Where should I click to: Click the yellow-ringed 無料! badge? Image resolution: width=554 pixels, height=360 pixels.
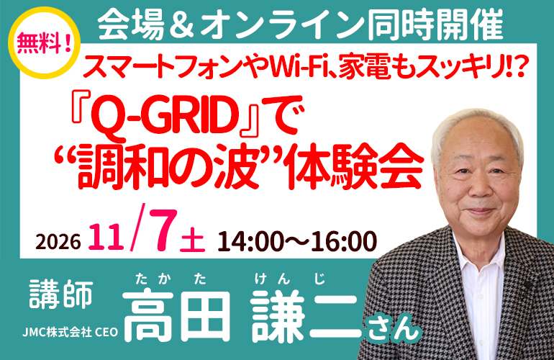[x=44, y=42]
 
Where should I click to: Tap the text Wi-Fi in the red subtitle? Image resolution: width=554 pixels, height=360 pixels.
[x=300, y=67]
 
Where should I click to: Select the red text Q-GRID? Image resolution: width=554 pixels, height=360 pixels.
[x=163, y=117]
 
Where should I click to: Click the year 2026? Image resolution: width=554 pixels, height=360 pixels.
[x=58, y=241]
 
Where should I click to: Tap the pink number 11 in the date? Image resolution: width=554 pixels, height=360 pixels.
[x=106, y=237]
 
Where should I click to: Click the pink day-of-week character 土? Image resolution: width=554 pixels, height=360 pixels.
[x=192, y=240]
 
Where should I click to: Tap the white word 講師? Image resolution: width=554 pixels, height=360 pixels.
[x=61, y=294]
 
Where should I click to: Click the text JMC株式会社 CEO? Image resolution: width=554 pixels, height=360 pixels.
[x=70, y=332]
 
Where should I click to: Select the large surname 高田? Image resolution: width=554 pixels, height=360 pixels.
[x=177, y=315]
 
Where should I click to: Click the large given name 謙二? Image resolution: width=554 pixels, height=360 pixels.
[x=307, y=315]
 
